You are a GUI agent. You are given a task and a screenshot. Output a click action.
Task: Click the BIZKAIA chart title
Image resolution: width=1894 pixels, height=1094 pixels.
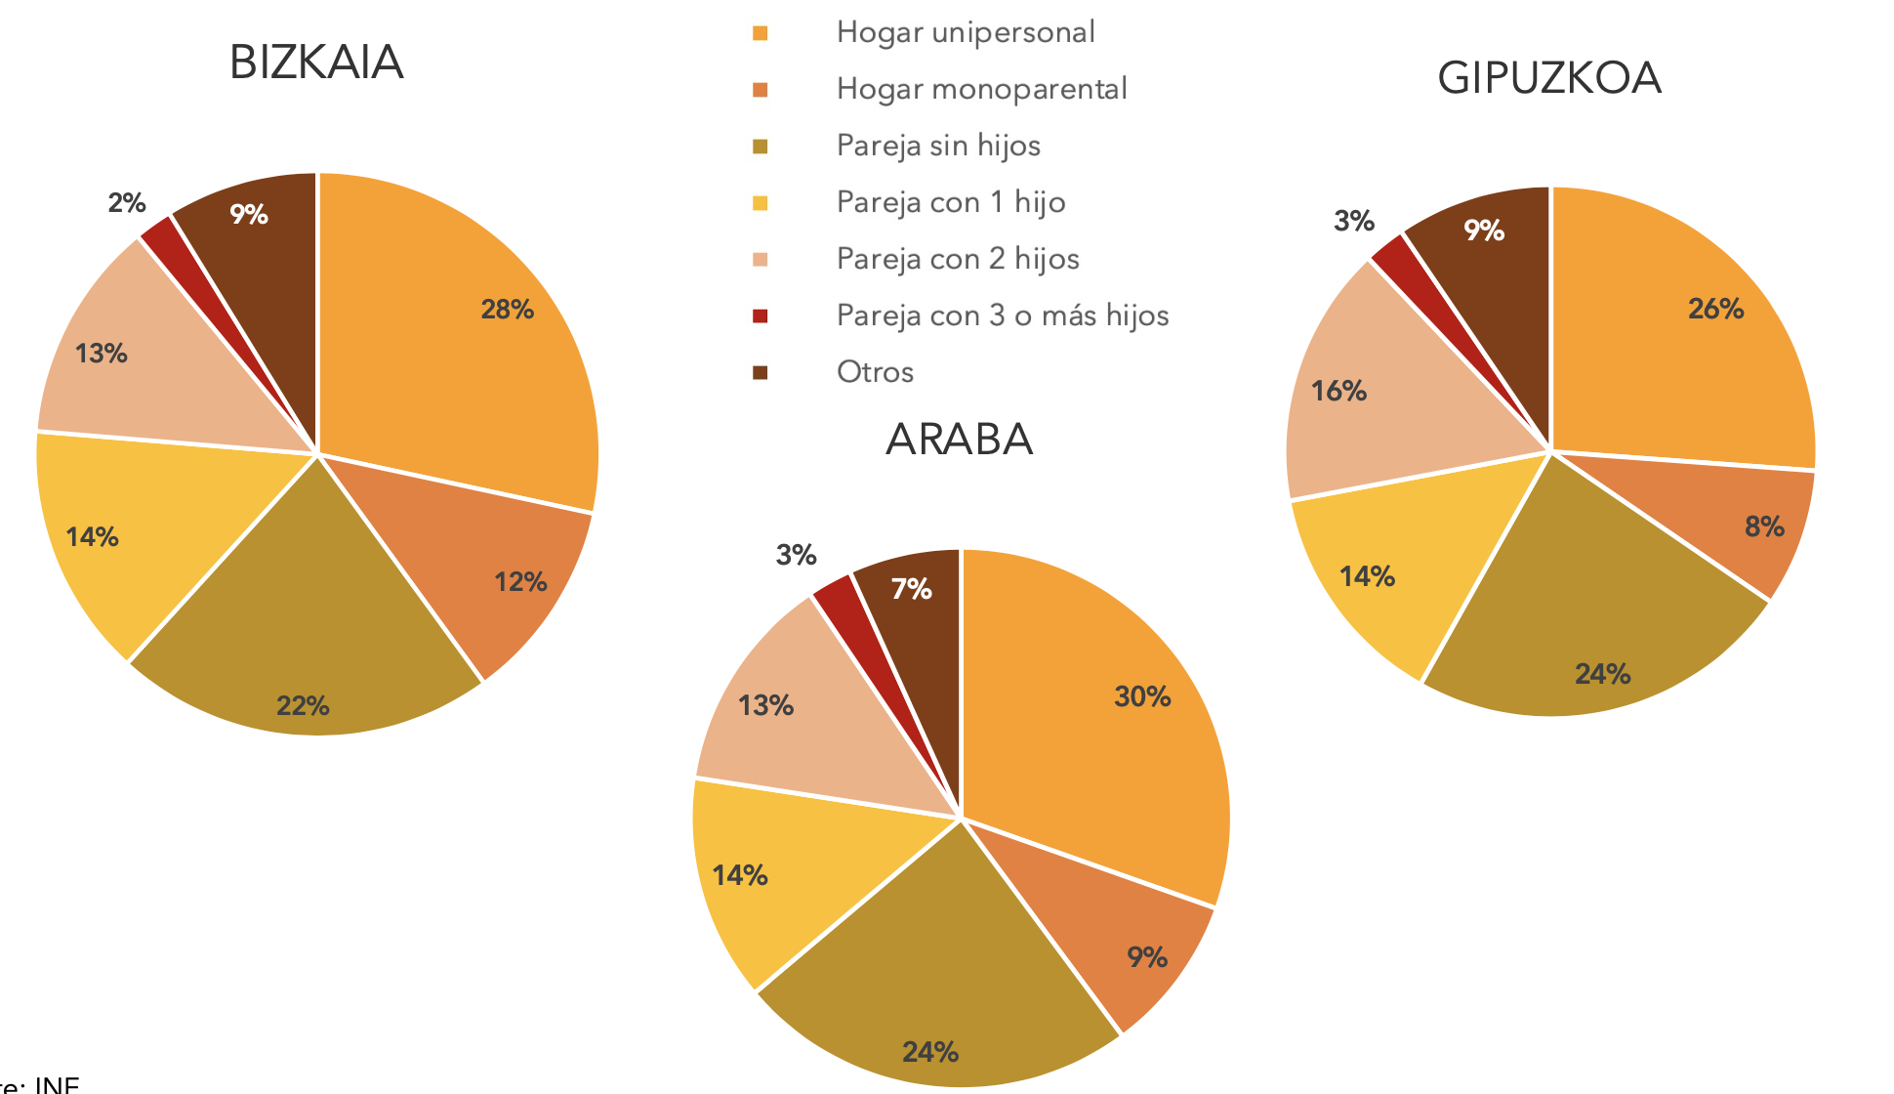(315, 63)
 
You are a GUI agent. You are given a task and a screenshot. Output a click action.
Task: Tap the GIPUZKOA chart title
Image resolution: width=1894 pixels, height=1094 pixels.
(1548, 78)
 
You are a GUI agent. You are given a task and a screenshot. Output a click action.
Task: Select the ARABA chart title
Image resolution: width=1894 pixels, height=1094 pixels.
(959, 440)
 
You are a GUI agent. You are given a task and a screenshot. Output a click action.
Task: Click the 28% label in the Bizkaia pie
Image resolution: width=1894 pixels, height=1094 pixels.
(507, 310)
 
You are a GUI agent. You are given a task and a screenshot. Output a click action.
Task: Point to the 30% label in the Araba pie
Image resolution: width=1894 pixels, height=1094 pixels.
(1142, 696)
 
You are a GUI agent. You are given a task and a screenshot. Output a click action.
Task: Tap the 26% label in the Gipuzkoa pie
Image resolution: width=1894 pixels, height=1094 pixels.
(1715, 309)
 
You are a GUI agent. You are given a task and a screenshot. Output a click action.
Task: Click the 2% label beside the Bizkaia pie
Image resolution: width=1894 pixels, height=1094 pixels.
(127, 203)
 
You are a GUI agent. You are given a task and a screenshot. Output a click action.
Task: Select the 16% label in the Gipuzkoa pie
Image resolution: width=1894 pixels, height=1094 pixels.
(1338, 392)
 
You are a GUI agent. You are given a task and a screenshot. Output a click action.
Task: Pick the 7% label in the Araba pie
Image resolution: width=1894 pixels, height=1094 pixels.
(911, 589)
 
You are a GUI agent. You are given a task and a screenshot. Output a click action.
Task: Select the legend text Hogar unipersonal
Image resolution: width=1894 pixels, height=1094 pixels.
(966, 32)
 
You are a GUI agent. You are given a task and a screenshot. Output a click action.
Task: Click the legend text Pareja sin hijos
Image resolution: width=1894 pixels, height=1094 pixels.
(938, 146)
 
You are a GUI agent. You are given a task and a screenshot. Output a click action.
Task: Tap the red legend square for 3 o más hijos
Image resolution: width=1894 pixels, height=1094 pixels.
(761, 316)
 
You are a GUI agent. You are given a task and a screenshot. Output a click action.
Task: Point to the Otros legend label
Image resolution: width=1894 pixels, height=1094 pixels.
(875, 372)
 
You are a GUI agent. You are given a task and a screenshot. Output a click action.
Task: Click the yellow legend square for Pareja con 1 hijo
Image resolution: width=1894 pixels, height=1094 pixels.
(761, 203)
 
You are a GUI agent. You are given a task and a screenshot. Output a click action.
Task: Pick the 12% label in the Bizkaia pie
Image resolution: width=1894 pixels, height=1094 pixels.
(519, 582)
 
